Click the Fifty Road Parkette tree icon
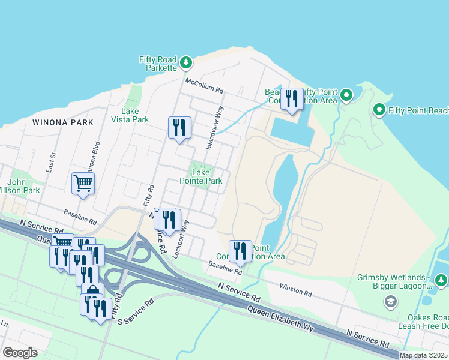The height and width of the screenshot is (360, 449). click(186, 62)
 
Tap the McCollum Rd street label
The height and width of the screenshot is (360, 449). click(204, 85)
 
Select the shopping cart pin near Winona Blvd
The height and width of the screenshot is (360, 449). click(83, 184)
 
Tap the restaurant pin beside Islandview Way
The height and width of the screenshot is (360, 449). click(179, 128)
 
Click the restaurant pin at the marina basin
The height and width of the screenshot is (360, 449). click(292, 99)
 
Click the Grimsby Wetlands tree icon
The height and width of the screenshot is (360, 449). click(441, 281)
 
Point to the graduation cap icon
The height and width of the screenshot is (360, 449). click(391, 301)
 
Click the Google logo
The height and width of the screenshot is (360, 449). click(20, 353)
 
